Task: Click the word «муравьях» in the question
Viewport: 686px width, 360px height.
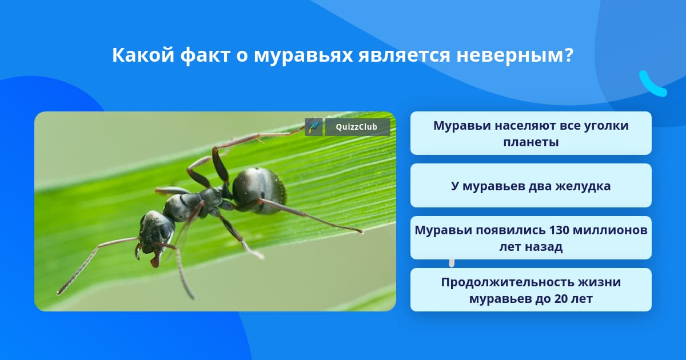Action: (303, 56)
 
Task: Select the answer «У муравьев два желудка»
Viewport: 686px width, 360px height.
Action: (531, 186)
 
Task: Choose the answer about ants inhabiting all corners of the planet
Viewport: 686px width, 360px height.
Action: (531, 133)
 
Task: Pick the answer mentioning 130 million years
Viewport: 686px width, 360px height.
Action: (531, 238)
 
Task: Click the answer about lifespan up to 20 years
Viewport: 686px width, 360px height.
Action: (531, 290)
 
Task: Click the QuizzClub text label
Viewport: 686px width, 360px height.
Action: (357, 127)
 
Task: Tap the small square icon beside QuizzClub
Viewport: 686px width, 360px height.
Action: (314, 127)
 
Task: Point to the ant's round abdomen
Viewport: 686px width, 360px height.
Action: (259, 190)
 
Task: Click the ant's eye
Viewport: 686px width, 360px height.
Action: (165, 230)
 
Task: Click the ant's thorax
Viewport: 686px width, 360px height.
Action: (193, 203)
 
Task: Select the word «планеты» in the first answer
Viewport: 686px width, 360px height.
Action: (531, 142)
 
